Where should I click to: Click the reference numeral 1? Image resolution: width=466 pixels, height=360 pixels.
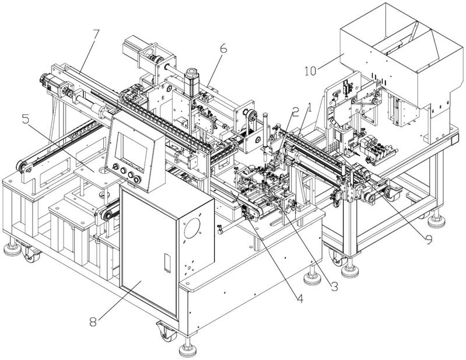point(310,107)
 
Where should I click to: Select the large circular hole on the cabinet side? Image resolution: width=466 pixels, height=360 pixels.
point(192,228)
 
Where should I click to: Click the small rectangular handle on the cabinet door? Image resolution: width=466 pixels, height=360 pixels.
point(167,263)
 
